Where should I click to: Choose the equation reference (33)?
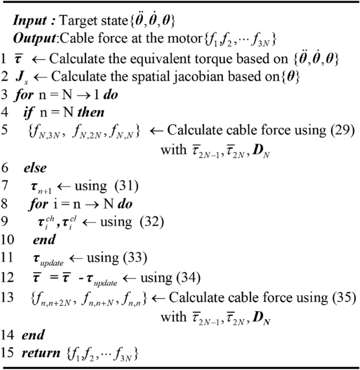(137, 259)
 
